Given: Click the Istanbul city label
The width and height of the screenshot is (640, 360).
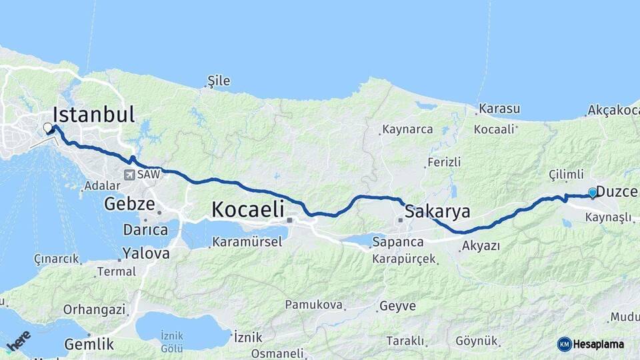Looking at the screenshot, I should tap(93, 114).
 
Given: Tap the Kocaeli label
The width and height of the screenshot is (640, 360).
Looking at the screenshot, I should tap(249, 209).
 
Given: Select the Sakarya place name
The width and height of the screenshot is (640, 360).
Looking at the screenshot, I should tap(437, 212).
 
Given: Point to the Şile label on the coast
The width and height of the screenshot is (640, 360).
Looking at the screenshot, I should tap(219, 81).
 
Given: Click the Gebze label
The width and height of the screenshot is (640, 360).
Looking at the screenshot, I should tap(129, 204).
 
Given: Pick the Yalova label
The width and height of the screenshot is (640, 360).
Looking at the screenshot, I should tap(145, 253).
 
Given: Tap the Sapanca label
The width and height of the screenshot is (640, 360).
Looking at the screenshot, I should tap(398, 241).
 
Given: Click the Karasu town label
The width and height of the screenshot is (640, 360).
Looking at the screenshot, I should tap(499, 109).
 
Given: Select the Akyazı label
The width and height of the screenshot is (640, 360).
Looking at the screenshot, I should tap(480, 246).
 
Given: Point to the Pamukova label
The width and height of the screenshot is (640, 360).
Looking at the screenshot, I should tap(313, 305).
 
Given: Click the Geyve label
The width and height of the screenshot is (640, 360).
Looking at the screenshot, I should tap(397, 307).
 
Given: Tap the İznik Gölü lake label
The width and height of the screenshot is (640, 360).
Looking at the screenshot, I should tap(171, 343).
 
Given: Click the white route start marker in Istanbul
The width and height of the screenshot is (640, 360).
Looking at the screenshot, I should tap(48, 127).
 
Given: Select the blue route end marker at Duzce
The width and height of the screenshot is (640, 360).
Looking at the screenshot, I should tap(592, 193).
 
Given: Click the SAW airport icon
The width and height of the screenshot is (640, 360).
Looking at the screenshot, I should tap(128, 175).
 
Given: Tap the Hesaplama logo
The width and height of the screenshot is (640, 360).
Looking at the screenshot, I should tap(591, 344).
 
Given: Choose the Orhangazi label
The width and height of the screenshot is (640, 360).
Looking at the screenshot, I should tap(94, 309).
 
